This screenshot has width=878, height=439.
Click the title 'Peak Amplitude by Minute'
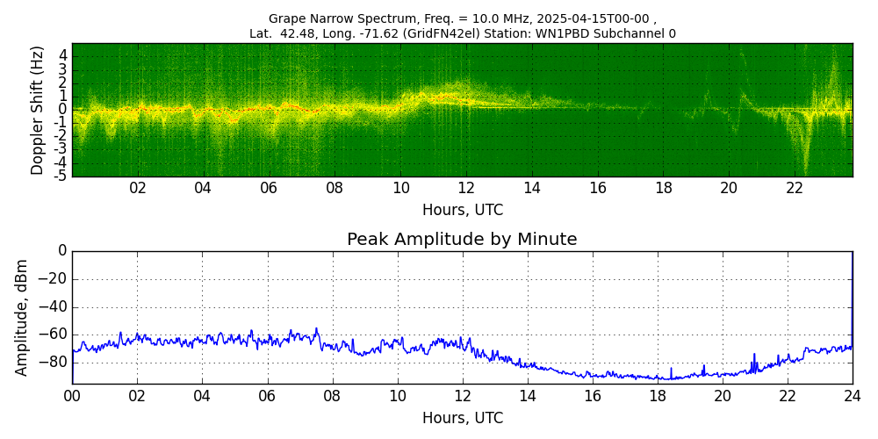462,240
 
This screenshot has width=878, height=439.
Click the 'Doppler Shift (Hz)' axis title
38,111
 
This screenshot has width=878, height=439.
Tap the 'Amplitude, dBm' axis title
23,317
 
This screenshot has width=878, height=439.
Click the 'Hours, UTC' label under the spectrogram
462,211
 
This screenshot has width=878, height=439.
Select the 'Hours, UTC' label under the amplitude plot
462,418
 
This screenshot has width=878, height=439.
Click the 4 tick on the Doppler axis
63,55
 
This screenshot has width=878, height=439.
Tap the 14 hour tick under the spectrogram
532,189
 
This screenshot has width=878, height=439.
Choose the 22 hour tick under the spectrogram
795,189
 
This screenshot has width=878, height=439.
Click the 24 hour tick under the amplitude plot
853,396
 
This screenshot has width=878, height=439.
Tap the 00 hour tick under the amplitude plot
72,396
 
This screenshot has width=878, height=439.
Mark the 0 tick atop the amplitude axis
62,251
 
